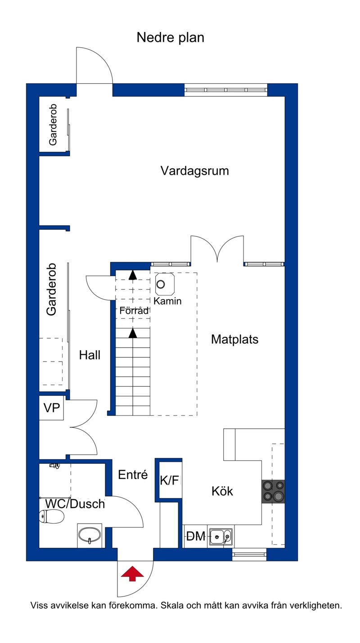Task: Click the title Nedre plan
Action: (171, 38)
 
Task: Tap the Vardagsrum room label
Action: (195, 171)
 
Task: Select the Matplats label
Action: (234, 340)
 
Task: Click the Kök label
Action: (222, 491)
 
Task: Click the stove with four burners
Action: (273, 491)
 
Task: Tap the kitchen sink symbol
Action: (220, 536)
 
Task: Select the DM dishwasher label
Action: (196, 536)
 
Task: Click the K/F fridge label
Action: (170, 480)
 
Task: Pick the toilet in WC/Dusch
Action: (51, 517)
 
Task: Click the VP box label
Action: (52, 408)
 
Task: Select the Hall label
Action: (90, 355)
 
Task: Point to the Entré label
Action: (133, 475)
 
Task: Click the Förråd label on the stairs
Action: (134, 311)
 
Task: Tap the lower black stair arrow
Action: (133, 333)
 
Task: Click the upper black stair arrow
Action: (133, 275)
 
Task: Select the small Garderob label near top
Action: (53, 125)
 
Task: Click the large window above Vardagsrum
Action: (226, 90)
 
